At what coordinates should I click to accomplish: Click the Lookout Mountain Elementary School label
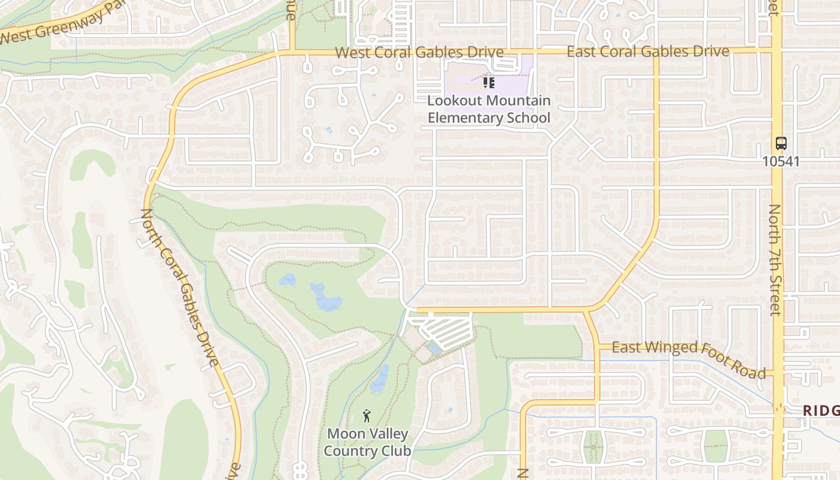[488, 109]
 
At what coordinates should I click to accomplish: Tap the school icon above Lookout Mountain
[488, 83]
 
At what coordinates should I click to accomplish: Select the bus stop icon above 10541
[781, 143]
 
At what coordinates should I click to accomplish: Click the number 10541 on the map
[781, 161]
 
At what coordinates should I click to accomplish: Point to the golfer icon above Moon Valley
[367, 415]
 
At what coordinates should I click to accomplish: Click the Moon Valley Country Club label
[367, 442]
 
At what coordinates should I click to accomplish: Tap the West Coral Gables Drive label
[419, 52]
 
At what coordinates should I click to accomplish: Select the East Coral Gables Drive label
[648, 52]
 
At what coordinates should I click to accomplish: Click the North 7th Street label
[775, 259]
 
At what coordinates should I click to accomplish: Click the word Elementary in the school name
[460, 117]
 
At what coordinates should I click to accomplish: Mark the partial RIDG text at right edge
[821, 410]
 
